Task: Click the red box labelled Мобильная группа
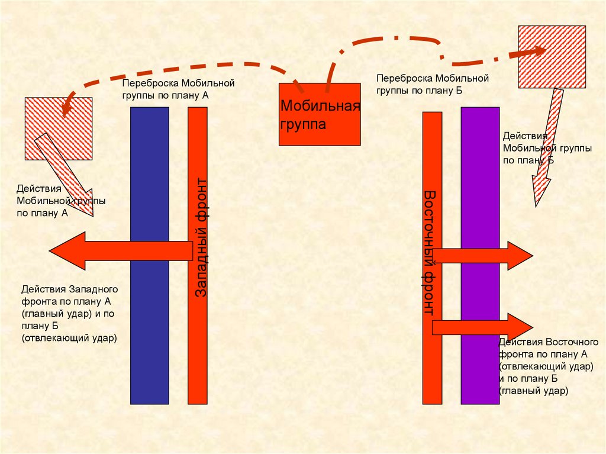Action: coord(320,114)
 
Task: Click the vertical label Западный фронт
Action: coord(201,237)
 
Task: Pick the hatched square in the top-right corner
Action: coord(552,57)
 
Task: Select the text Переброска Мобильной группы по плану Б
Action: coord(433,84)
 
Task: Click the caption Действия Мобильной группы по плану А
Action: coord(60,201)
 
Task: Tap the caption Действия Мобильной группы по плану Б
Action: coord(546,148)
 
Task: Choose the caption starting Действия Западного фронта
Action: coord(70,314)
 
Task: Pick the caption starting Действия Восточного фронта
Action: coord(548,366)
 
